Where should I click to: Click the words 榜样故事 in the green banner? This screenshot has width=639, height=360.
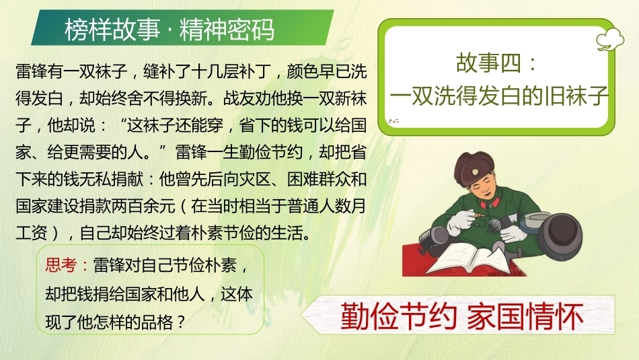(112, 30)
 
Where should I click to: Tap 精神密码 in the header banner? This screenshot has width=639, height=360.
(227, 30)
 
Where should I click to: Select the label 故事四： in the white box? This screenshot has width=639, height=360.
(497, 63)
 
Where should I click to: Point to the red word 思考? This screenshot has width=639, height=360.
(61, 265)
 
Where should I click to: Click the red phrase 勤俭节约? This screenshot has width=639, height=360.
(399, 316)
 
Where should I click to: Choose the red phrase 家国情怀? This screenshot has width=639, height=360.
(525, 316)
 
